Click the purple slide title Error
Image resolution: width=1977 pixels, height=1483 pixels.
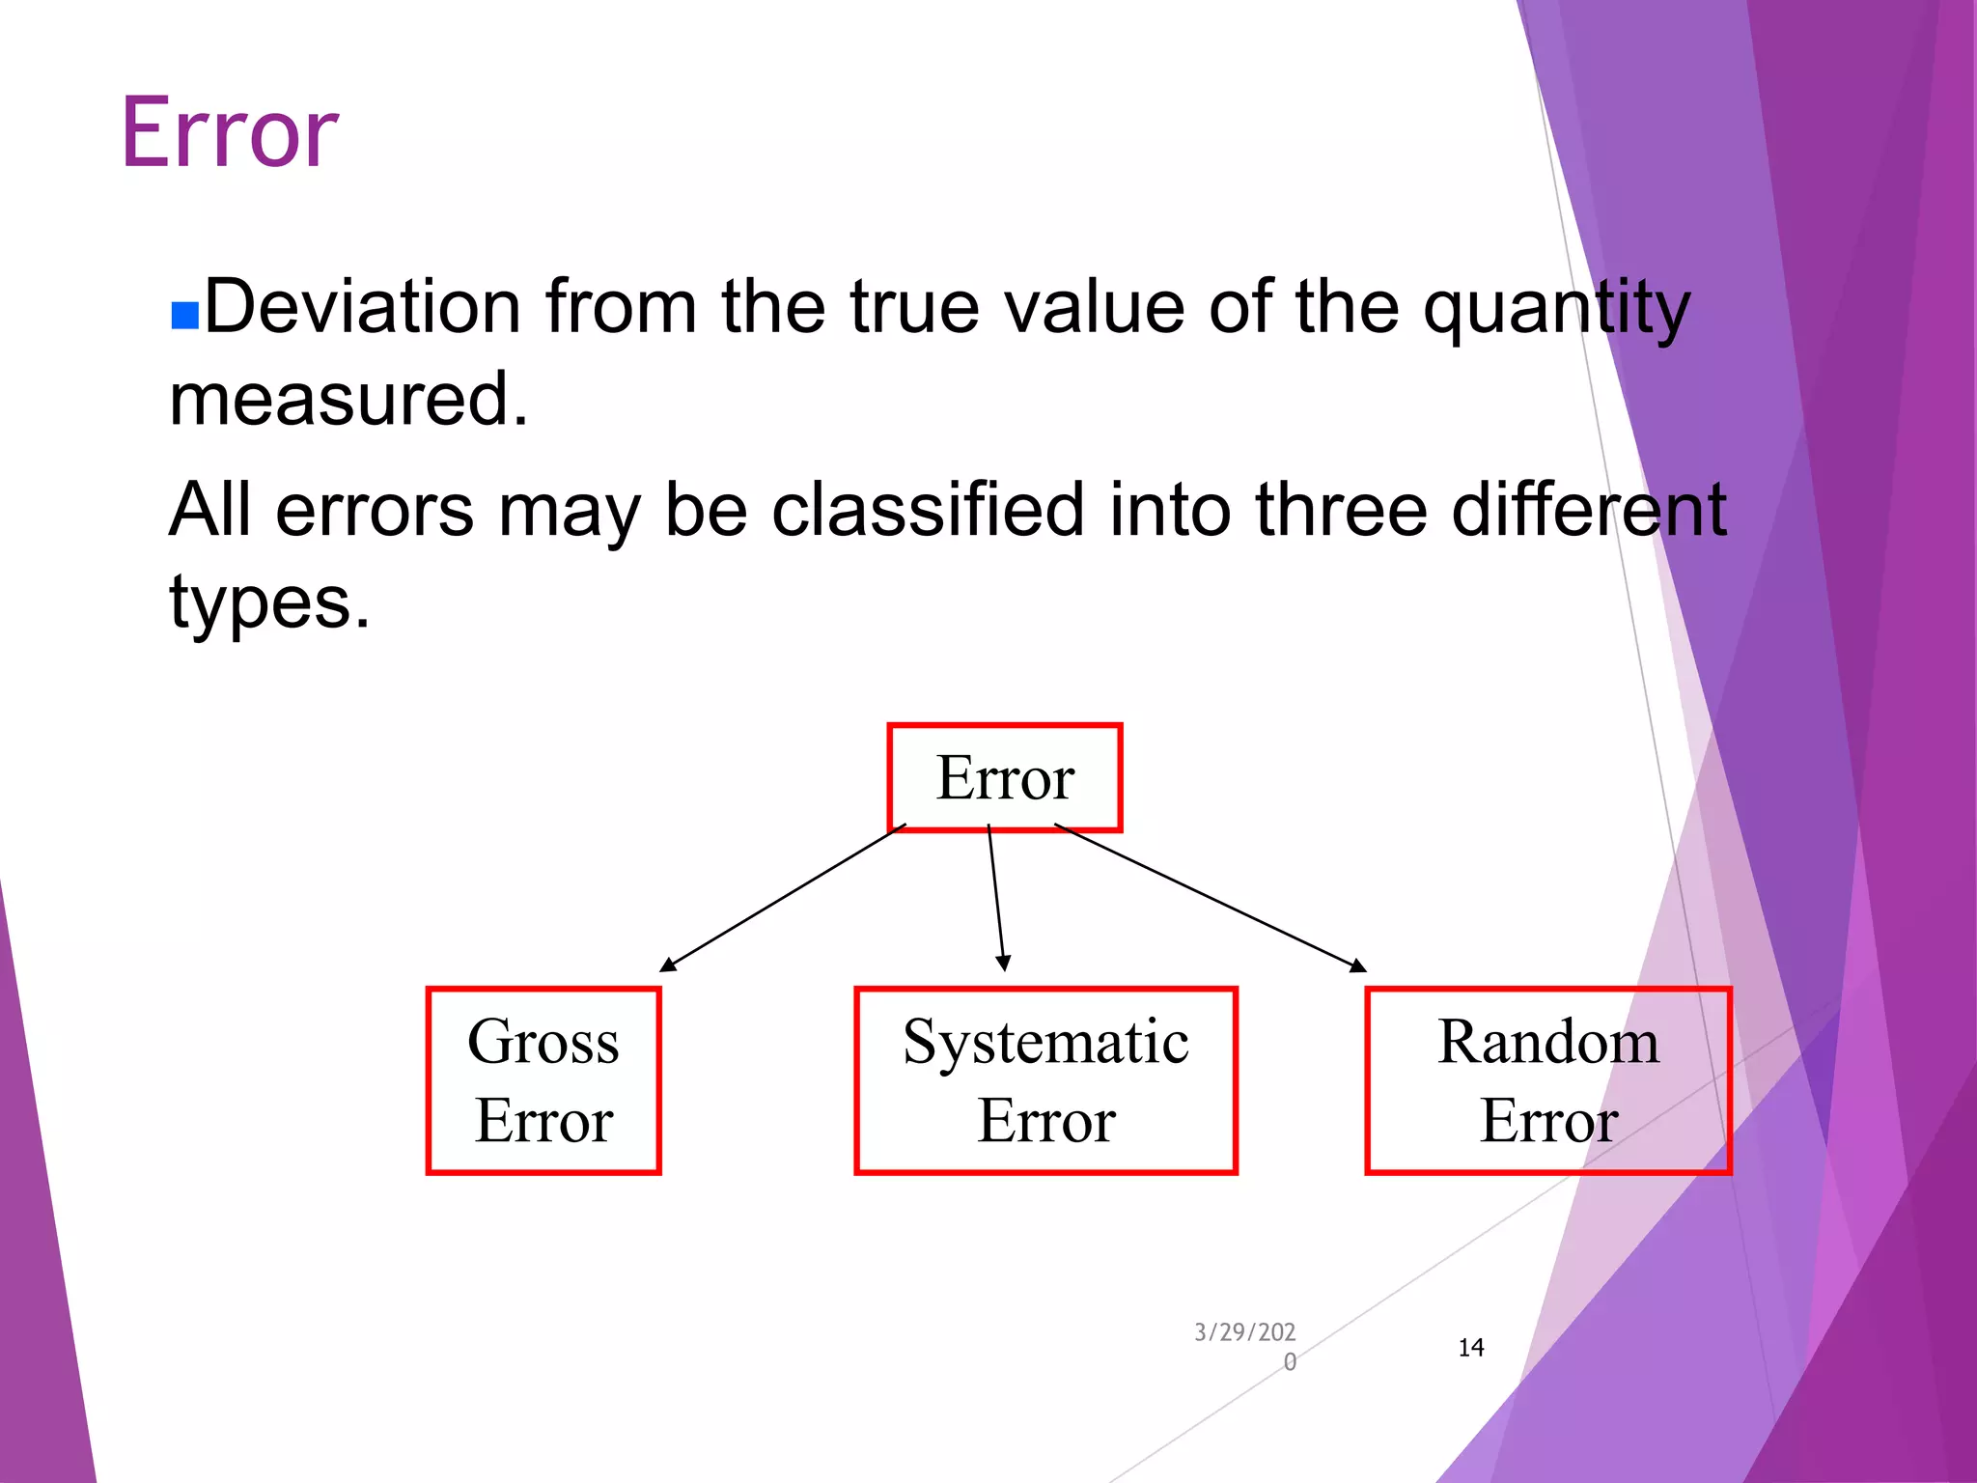click(230, 133)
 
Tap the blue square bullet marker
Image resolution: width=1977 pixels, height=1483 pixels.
click(184, 316)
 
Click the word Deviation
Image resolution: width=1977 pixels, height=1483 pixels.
click(363, 307)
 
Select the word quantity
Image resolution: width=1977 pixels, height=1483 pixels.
click(1556, 309)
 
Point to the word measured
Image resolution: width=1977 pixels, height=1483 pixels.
click(348, 400)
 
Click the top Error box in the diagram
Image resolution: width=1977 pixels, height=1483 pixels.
click(1004, 777)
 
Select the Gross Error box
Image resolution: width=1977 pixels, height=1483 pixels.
click(543, 1080)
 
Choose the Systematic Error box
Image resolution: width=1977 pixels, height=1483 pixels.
click(1045, 1080)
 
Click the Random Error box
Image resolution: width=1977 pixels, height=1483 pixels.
click(1547, 1080)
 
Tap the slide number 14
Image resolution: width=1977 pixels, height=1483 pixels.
click(1470, 1348)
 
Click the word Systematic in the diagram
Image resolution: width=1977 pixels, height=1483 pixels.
click(1045, 1043)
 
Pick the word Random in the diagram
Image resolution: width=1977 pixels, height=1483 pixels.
click(1547, 1043)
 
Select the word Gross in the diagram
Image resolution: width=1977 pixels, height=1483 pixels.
click(543, 1043)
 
